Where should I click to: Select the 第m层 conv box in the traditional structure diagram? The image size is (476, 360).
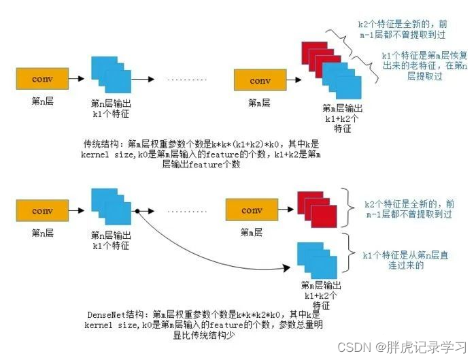[x=260, y=80]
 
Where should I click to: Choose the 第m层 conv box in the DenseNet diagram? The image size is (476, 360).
[x=252, y=210]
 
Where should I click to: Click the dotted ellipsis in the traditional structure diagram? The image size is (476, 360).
[x=186, y=80]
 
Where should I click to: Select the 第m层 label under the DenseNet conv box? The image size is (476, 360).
[x=252, y=233]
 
